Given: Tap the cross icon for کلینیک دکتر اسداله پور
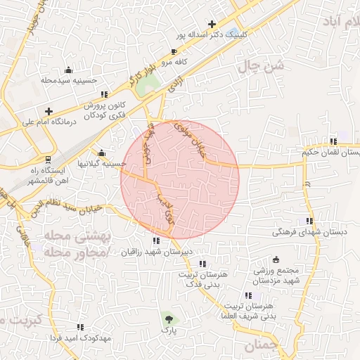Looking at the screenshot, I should (x=212, y=24).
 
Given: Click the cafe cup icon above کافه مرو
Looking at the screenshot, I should (x=174, y=52).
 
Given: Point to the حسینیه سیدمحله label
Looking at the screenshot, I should (x=68, y=81).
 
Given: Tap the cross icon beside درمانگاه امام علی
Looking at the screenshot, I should (x=49, y=111).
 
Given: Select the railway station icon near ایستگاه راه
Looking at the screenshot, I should (x=49, y=159).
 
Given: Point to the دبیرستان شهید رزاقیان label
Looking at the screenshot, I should (x=160, y=251).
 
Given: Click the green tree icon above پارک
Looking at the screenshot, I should (x=167, y=319).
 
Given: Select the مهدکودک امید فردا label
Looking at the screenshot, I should (x=80, y=337).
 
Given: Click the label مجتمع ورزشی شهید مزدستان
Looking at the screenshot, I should (x=275, y=275).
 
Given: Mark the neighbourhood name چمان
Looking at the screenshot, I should (x=262, y=345).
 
